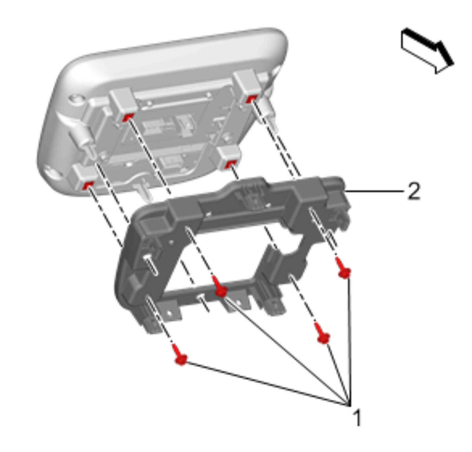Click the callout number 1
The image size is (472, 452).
[x=357, y=418]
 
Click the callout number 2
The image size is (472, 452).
[x=414, y=192]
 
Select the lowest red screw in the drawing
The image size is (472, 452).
[x=180, y=355]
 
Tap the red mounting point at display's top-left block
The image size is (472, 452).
[x=127, y=117]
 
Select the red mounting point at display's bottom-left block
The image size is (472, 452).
[x=87, y=185]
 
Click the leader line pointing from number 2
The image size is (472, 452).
[x=374, y=192]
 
